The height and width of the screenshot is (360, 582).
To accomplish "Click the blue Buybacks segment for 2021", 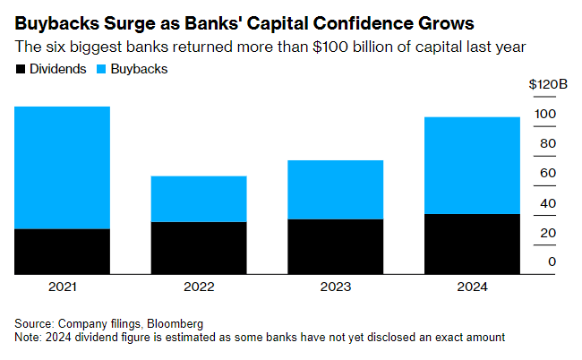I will pyautogui.click(x=62, y=167).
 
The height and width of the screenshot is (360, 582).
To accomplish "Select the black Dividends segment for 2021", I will pyautogui.click(x=62, y=252).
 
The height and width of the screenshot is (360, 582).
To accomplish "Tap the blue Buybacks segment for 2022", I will pyautogui.click(x=199, y=199).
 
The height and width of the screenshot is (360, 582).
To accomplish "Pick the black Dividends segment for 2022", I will pyautogui.click(x=199, y=248).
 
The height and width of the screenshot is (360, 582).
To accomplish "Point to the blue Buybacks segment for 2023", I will pyautogui.click(x=335, y=190).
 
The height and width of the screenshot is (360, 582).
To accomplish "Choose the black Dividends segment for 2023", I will pyautogui.click(x=335, y=246).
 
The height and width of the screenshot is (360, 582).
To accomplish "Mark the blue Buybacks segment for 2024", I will pyautogui.click(x=471, y=166).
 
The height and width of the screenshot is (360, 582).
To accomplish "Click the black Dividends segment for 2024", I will pyautogui.click(x=471, y=244).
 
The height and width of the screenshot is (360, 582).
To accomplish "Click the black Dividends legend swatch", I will pyautogui.click(x=21, y=68).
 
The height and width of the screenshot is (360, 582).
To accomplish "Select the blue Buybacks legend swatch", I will pyautogui.click(x=100, y=68).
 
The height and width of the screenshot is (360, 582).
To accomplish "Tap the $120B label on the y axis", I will pyautogui.click(x=548, y=83).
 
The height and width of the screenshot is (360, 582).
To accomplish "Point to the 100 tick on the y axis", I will pyautogui.click(x=546, y=114).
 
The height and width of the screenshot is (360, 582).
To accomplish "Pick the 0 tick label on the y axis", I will pyautogui.click(x=552, y=261).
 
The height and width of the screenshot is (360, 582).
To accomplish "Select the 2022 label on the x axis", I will pyautogui.click(x=199, y=287).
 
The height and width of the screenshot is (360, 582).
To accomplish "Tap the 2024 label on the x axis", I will pyautogui.click(x=471, y=287).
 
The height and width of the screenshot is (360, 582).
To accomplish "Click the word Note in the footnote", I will pyautogui.click(x=29, y=337).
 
